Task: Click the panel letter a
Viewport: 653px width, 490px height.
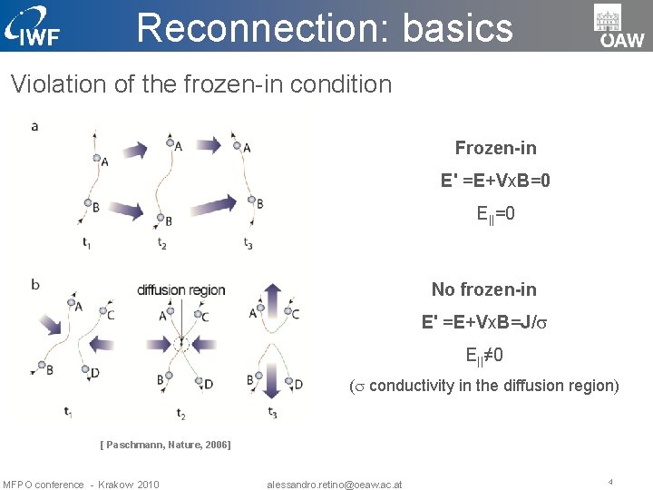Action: pyautogui.click(x=34, y=126)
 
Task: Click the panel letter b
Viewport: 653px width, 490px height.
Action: pyautogui.click(x=34, y=284)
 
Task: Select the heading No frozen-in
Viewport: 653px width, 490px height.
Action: pyautogui.click(x=483, y=289)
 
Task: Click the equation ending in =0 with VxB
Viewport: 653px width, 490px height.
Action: pyautogui.click(x=495, y=181)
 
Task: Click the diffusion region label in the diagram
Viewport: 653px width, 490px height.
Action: pyautogui.click(x=181, y=290)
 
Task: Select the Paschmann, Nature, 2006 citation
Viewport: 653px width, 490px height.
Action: pyautogui.click(x=165, y=445)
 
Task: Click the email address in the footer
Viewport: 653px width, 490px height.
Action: pyautogui.click(x=334, y=484)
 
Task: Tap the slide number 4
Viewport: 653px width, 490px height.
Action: pyautogui.click(x=610, y=481)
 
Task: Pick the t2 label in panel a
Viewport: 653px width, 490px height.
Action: pyautogui.click(x=161, y=242)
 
